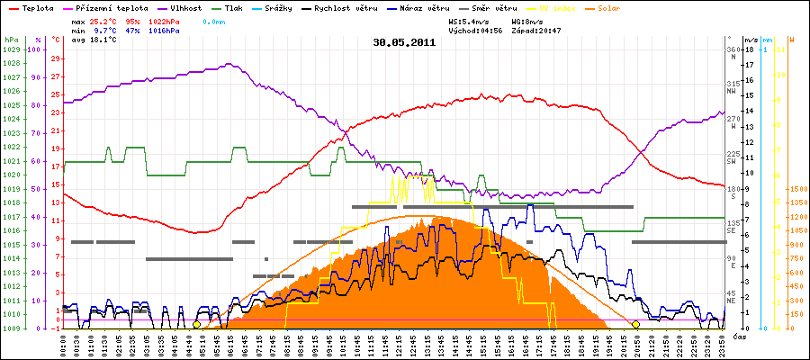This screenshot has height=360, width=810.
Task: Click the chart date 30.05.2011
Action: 404,41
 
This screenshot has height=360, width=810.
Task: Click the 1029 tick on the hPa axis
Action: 11,49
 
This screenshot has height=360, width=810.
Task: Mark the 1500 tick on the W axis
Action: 796,189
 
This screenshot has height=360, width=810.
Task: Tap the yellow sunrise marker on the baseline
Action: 196,324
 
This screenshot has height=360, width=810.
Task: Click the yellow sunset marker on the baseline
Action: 635,324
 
